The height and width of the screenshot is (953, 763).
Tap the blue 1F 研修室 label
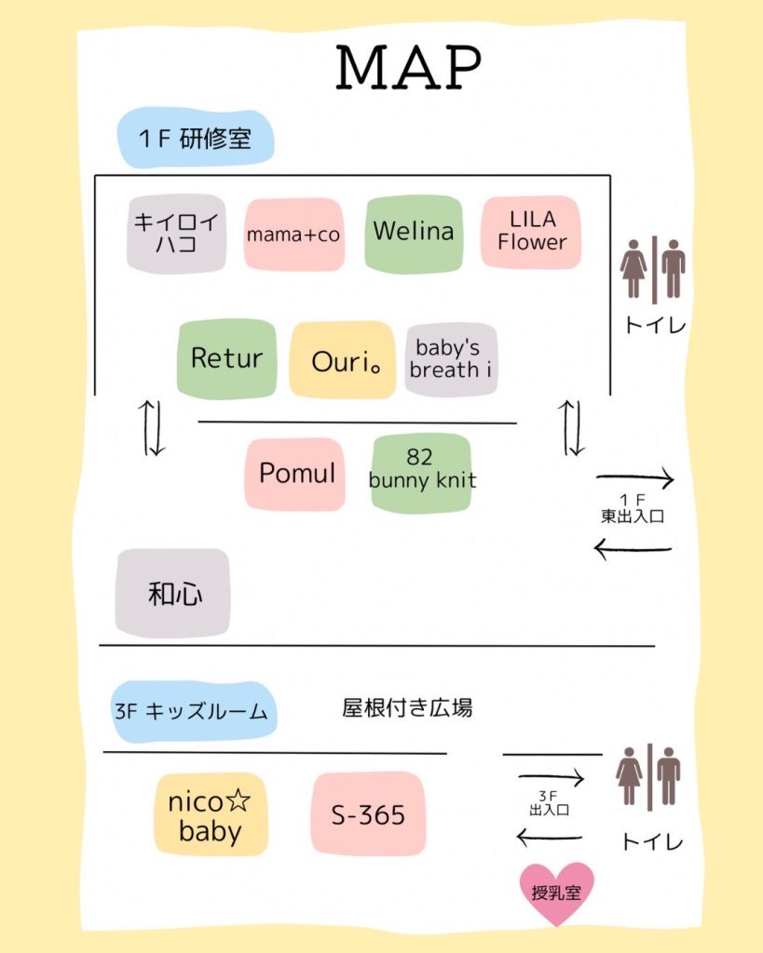click(x=195, y=140)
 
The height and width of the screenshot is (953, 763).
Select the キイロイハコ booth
click(x=176, y=234)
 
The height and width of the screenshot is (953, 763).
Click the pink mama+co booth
click(x=293, y=235)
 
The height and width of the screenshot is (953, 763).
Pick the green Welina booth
click(x=413, y=233)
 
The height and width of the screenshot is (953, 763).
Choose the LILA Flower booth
click(x=532, y=232)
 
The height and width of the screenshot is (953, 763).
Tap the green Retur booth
click(x=226, y=358)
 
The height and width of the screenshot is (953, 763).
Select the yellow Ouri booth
click(x=342, y=360)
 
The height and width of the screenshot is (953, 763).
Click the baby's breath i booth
click(x=451, y=359)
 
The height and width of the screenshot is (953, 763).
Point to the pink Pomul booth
click(x=295, y=473)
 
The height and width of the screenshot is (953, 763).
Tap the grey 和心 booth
click(x=173, y=594)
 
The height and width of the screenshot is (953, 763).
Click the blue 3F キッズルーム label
click(x=194, y=712)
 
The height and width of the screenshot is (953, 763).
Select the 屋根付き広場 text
click(x=407, y=708)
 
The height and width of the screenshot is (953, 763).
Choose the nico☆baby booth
click(x=211, y=815)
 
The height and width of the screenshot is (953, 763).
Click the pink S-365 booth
click(x=369, y=813)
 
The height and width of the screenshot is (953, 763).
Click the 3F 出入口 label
click(x=549, y=804)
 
